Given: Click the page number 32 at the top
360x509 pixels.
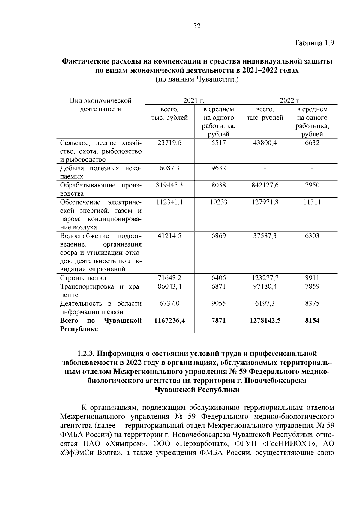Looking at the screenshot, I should pyautogui.click(x=197, y=26).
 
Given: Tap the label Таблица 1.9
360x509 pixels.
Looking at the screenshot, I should pyautogui.click(x=314, y=43).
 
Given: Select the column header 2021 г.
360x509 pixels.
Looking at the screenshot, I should pyautogui.click(x=194, y=100).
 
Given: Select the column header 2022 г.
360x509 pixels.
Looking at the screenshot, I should pyautogui.click(x=290, y=100).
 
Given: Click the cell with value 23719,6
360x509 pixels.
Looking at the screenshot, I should pyautogui.click(x=169, y=143).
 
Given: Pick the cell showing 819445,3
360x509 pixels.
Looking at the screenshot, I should pyautogui.click(x=169, y=185).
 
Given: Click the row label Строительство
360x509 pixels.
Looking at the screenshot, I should pyautogui.click(x=83, y=278).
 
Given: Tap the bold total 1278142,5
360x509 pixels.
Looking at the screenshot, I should pyautogui.click(x=265, y=321).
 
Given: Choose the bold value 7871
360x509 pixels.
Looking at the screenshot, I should pyautogui.click(x=218, y=321).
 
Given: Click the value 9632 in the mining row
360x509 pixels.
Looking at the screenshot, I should pyautogui.click(x=218, y=168).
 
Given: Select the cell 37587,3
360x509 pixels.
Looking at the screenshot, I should pyautogui.click(x=265, y=236).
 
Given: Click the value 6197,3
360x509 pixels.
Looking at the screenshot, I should pyautogui.click(x=265, y=304).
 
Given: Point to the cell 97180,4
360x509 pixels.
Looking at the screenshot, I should pyautogui.click(x=265, y=286).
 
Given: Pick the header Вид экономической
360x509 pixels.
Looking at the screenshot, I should pyautogui.click(x=101, y=100).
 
